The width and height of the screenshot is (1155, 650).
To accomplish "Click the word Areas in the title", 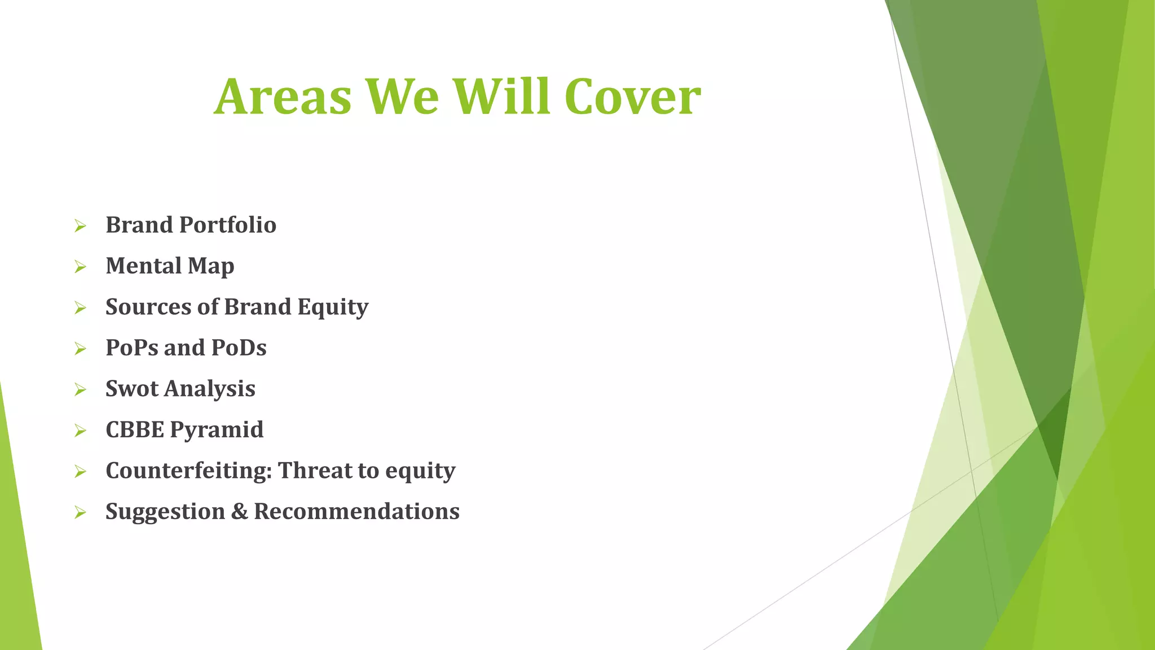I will [x=283, y=97].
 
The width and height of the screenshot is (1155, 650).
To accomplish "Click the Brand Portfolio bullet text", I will [x=191, y=225].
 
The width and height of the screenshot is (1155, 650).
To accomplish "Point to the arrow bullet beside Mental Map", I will [x=80, y=267].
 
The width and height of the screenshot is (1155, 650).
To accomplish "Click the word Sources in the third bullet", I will [x=148, y=307].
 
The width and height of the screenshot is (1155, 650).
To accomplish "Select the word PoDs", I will [x=239, y=348].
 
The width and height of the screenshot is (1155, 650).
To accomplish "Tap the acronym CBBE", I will [x=135, y=430].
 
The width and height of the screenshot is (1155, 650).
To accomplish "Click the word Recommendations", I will [x=356, y=512].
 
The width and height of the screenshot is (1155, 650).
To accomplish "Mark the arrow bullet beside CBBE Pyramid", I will [x=80, y=431].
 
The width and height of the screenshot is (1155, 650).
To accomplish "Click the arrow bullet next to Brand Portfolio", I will [x=80, y=226].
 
